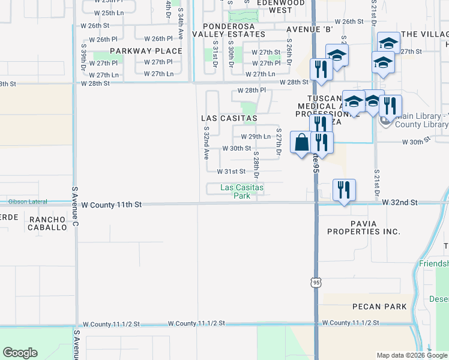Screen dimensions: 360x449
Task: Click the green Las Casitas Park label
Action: click(x=242, y=191)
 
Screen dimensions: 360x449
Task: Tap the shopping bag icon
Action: click(x=301, y=143)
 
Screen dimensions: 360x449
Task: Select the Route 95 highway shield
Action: click(x=316, y=281)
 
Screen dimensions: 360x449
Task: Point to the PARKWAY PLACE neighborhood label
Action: click(x=146, y=51)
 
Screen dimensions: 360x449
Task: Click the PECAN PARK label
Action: click(x=379, y=307)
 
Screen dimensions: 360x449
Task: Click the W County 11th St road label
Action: click(x=111, y=205)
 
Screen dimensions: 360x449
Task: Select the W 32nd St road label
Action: click(x=399, y=203)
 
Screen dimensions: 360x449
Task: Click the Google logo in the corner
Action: click(x=20, y=353)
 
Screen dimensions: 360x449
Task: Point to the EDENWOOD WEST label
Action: click(x=280, y=7)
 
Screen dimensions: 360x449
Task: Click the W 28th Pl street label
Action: click(x=252, y=90)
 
